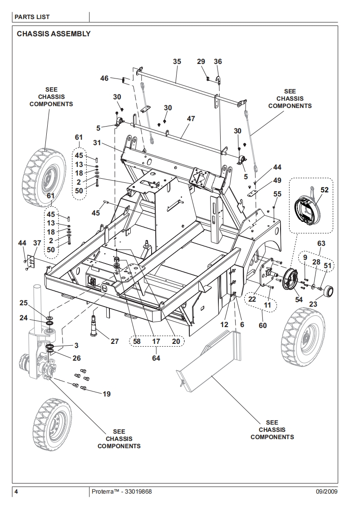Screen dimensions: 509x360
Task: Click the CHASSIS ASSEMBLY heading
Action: tap(54, 34)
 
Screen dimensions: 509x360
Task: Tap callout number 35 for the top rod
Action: tap(177, 62)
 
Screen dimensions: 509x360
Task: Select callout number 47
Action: tap(191, 118)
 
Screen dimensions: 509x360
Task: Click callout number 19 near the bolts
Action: tap(106, 394)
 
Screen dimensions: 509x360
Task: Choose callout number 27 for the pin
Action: tap(114, 341)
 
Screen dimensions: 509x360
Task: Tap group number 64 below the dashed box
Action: tap(156, 358)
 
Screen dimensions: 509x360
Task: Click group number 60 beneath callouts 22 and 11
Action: tap(263, 325)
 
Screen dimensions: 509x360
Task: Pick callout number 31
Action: tap(97, 142)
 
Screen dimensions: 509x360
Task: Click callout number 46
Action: tap(104, 78)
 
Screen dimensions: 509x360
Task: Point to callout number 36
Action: tap(218, 62)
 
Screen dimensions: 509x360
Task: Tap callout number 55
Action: tap(277, 194)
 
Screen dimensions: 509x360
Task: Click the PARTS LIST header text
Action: tap(32, 17)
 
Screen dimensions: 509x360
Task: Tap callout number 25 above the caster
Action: tap(23, 302)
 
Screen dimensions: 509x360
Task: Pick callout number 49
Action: tap(277, 181)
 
